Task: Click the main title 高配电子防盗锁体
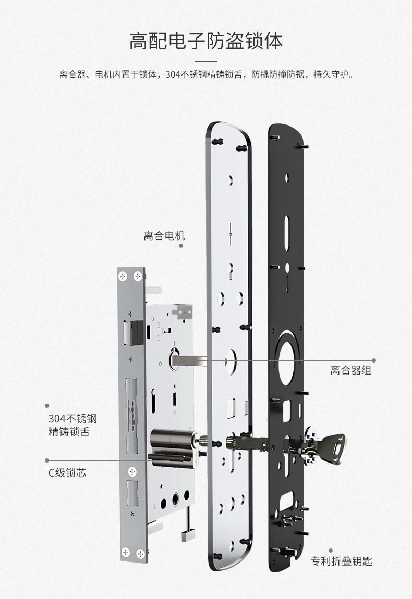point(206,41)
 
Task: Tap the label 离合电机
point(164,236)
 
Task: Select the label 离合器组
point(351,370)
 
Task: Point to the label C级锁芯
point(67,472)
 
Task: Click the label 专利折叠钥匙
point(341,561)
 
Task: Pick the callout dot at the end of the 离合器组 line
point(374,360)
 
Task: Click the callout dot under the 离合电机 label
point(181,246)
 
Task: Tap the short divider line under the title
point(206,61)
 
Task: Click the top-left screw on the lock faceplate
point(123,276)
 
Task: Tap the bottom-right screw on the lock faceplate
point(140,553)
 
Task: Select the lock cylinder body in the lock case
point(174,444)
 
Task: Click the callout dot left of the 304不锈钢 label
point(47,406)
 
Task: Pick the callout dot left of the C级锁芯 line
point(47,460)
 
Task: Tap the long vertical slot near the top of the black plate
point(286,231)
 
